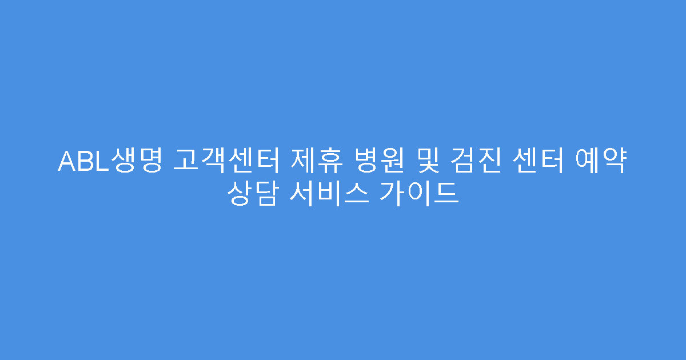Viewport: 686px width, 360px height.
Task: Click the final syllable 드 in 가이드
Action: click(448, 193)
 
